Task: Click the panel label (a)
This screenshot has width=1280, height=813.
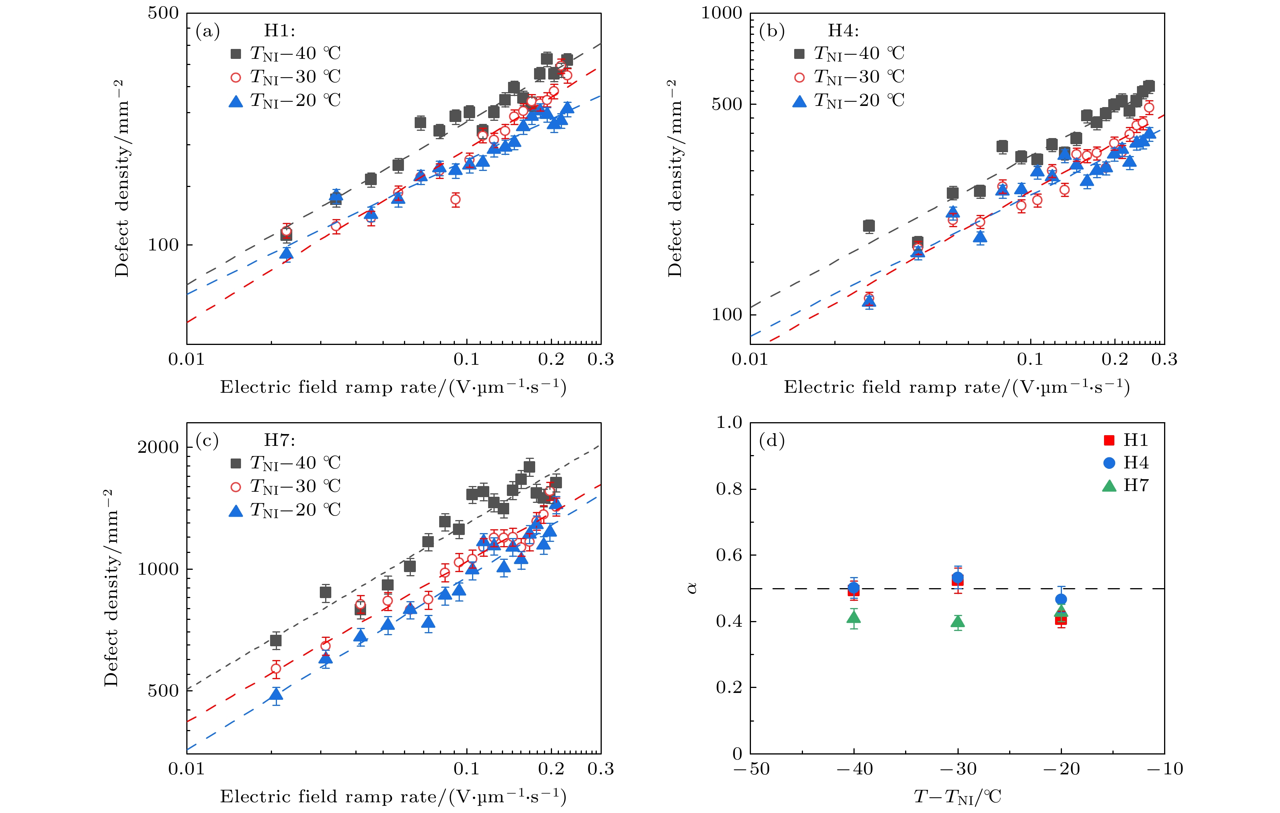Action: point(207,31)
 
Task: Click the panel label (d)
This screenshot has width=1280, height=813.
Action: point(772,441)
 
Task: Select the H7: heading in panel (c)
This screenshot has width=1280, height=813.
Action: point(280,440)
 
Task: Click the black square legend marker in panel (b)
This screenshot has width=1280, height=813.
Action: point(800,54)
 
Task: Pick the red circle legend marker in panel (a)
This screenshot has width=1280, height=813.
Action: point(236,78)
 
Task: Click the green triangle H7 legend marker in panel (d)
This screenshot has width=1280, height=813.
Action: point(1109,486)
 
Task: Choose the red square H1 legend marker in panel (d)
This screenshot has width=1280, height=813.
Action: point(1109,440)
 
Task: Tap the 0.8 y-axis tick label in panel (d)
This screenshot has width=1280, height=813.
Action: point(729,489)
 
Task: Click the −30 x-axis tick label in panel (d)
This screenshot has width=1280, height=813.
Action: point(958,769)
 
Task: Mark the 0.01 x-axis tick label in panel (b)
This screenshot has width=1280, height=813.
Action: point(750,360)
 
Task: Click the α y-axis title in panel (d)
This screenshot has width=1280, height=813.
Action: point(692,588)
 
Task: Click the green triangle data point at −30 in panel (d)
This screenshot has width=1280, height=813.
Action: point(958,622)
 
